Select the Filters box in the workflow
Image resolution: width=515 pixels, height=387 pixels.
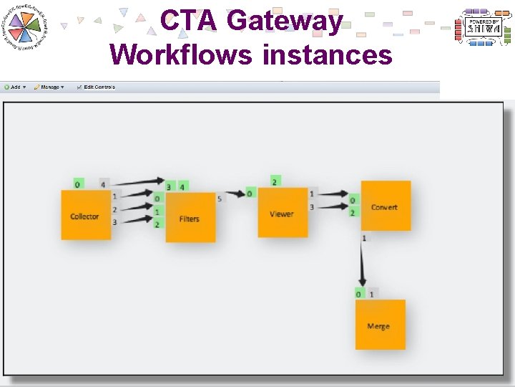click(190, 218)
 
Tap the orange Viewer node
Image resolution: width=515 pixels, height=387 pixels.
click(283, 213)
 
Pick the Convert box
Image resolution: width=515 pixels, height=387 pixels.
click(386, 206)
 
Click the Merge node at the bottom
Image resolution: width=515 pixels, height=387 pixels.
click(380, 325)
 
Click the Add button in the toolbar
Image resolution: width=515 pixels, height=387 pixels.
click(14, 87)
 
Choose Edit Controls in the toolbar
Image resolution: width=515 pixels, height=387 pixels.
click(96, 87)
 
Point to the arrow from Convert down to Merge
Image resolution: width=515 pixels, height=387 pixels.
click(363, 265)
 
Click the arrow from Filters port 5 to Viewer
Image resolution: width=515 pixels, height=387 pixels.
click(235, 194)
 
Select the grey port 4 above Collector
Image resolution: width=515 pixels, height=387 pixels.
click(104, 184)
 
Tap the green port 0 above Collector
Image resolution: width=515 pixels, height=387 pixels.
click(78, 184)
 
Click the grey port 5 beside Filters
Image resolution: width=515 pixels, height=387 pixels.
click(220, 196)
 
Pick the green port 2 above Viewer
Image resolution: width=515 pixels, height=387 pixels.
click(275, 181)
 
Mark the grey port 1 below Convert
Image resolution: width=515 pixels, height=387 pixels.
click(364, 237)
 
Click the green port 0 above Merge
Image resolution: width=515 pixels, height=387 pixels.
click(359, 293)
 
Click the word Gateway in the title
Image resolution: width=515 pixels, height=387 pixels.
click(285, 20)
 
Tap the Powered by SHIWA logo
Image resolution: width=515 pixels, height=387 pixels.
click(484, 28)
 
